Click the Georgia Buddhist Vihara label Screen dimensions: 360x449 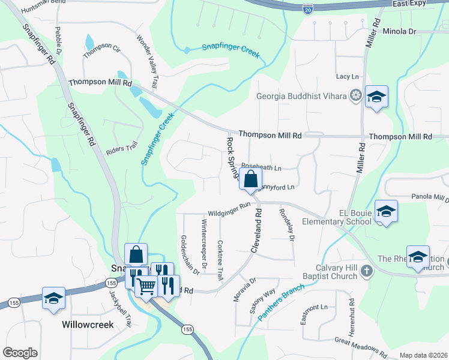pos(301,96)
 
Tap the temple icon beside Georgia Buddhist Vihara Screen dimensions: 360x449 pos(356,95)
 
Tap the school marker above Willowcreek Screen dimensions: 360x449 pos(53,298)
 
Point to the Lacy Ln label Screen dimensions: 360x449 pos(347,76)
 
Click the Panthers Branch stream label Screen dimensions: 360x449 pos(280,301)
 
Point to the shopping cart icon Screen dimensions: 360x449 pos(146,286)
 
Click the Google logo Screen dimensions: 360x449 pos(20,353)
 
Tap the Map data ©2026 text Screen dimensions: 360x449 pos(423,355)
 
